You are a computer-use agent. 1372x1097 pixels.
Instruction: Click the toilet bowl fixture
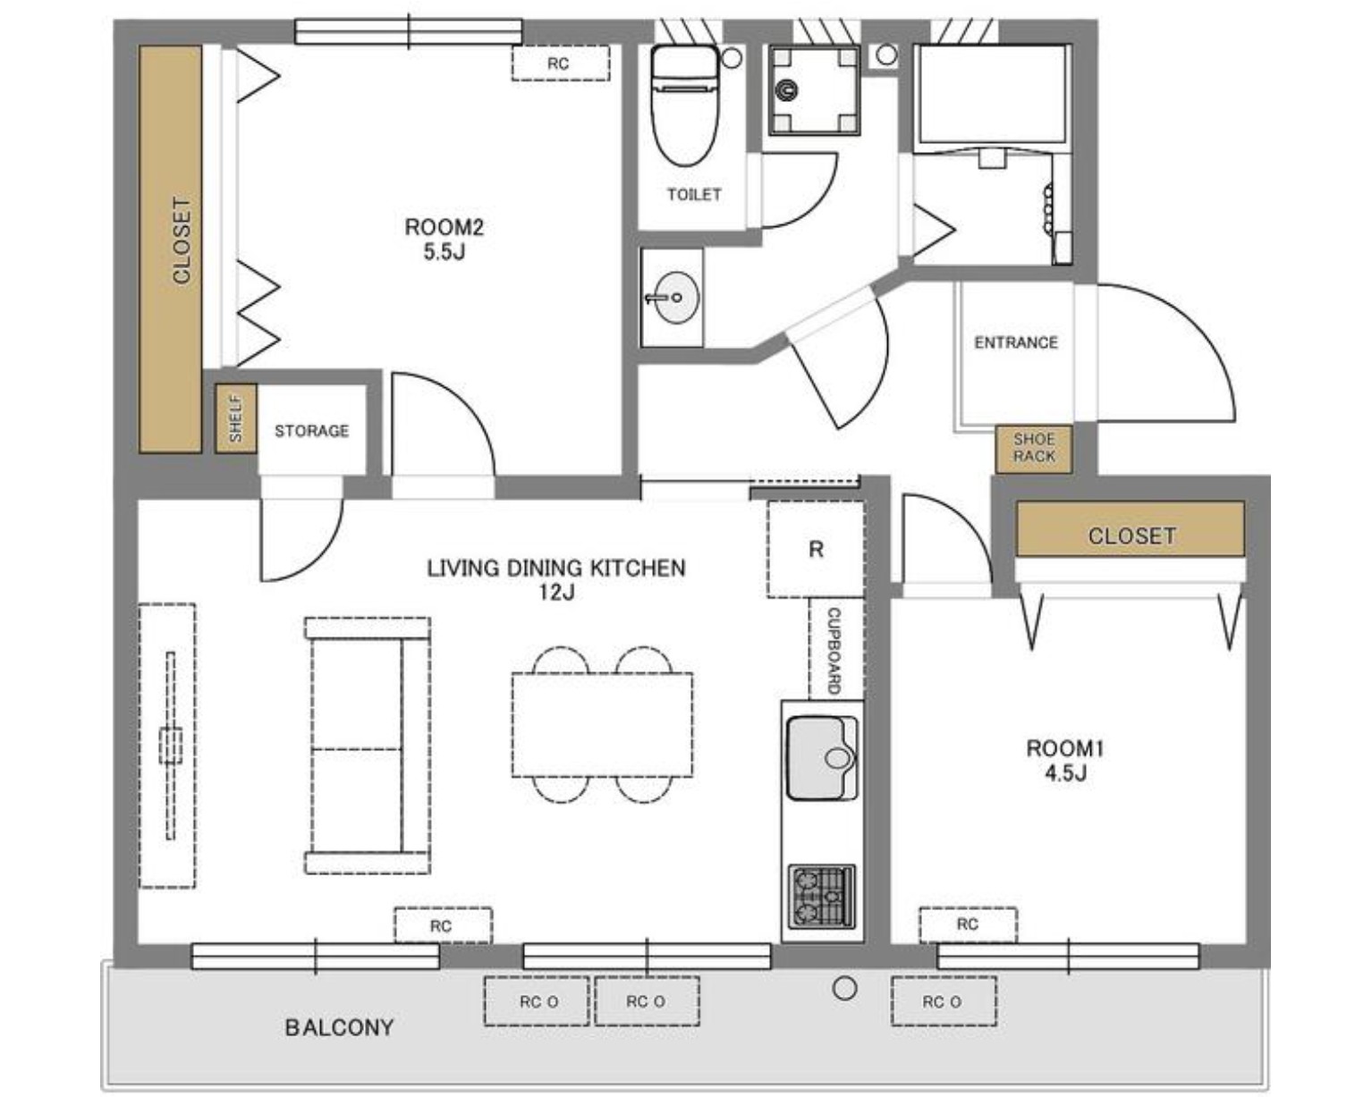click(685, 105)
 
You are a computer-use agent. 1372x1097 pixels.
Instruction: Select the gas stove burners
click(822, 897)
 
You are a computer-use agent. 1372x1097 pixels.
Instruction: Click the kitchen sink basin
click(822, 758)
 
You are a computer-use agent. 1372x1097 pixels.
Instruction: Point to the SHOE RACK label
click(1033, 447)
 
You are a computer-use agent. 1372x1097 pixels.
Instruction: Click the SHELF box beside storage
click(236, 418)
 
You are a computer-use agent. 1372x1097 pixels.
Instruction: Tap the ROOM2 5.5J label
click(445, 239)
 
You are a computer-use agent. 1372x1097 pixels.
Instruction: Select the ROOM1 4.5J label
click(1065, 760)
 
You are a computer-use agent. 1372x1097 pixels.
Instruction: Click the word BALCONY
click(339, 1027)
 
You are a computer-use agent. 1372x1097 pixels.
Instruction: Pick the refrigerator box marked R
click(816, 550)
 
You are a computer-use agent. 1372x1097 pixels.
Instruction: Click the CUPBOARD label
click(834, 651)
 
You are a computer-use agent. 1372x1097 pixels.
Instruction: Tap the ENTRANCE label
click(1016, 343)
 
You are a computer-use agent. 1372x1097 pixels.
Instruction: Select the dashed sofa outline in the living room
click(368, 745)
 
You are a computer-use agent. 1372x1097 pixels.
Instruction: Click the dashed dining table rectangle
click(603, 725)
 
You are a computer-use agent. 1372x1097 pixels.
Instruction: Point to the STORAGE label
click(312, 431)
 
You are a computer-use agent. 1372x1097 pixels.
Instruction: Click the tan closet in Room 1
click(1131, 529)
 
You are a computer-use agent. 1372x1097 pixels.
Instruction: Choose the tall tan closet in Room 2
click(170, 249)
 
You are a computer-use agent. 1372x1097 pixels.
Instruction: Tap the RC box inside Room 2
click(561, 63)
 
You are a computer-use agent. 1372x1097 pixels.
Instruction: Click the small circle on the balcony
click(844, 989)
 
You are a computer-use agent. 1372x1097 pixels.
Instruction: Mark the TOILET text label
click(694, 194)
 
